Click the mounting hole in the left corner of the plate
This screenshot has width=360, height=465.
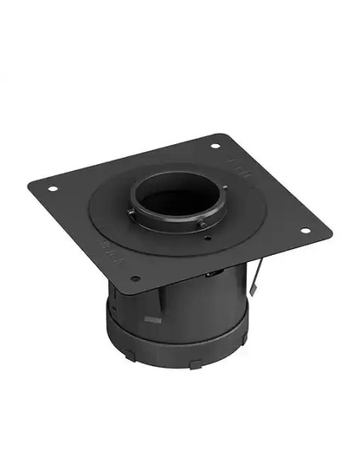pyautogui.click(x=53, y=188)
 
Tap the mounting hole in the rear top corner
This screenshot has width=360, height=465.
pyautogui.click(x=215, y=146)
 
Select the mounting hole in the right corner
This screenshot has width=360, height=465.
pyautogui.click(x=304, y=231)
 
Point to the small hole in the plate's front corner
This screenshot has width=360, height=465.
pyautogui.click(x=135, y=279)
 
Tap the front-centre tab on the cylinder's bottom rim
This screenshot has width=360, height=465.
pyautogui.click(x=195, y=364)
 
